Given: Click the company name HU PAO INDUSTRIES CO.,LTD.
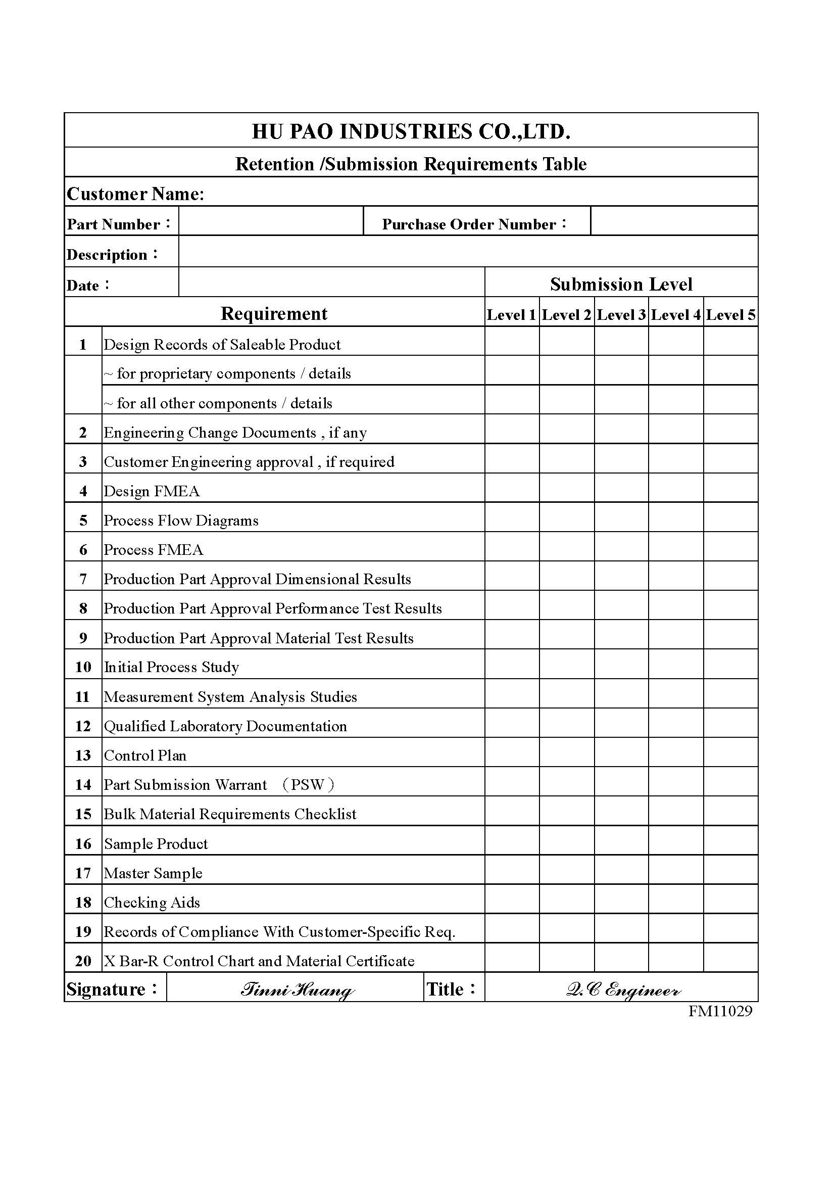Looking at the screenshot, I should tap(411, 132).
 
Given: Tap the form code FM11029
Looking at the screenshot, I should tap(720, 1011).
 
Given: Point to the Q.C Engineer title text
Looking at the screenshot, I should tap(623, 989).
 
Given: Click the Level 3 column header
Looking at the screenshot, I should tap(621, 314).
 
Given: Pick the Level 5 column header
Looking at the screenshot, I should tap(730, 314).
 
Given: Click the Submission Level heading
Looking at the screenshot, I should tap(621, 284).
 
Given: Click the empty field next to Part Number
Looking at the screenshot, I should tap(271, 221).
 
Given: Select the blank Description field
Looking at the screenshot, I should tap(468, 252).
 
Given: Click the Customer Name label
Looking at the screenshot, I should tap(136, 194).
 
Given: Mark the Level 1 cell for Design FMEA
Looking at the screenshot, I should tap(512, 488).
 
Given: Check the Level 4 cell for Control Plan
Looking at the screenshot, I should tap(675, 752).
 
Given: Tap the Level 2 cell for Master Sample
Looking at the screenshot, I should tap(567, 870).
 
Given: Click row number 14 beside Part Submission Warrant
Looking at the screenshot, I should tap(83, 785).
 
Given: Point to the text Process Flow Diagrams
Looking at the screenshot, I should tap(181, 521).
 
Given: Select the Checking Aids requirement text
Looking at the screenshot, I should tap(152, 902).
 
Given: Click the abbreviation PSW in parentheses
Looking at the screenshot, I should tap(308, 785).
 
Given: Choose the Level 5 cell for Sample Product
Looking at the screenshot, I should tap(730, 841).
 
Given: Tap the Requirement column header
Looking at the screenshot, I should tap(274, 313).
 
